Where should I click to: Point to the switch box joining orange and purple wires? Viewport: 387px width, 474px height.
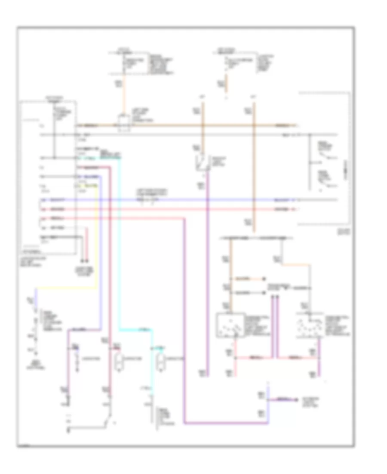point(202,163)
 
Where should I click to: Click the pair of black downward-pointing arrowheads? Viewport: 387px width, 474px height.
point(85,260)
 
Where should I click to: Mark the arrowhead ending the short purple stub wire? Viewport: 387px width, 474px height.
point(296,399)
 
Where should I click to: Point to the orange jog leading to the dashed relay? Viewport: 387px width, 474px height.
point(297,264)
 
